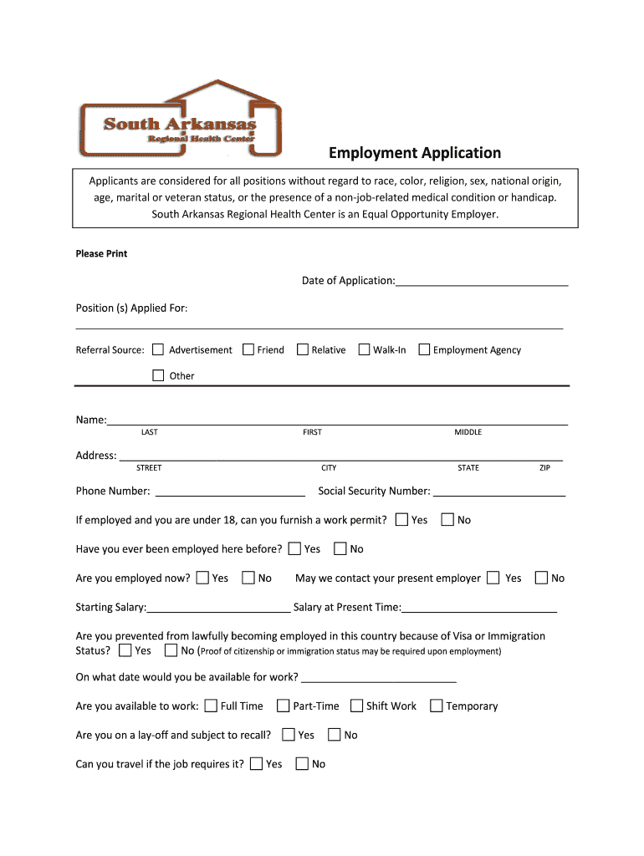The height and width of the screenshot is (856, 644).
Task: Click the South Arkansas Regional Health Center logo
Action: pos(179,121)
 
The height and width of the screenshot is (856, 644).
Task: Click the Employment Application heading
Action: pos(414,153)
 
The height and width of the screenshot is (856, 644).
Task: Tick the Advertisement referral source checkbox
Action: pos(158,349)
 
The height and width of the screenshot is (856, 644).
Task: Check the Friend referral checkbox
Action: pos(248,349)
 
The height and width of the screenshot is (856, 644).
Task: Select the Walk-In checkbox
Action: pos(364,349)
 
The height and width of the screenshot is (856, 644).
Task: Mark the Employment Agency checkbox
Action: pos(424,349)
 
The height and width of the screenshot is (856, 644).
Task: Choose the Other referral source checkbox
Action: pos(158,375)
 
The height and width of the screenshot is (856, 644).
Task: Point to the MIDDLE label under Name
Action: pos(468,432)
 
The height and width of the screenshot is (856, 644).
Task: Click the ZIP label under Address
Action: pos(544,468)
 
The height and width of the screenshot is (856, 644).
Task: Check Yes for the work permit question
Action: pos(401,520)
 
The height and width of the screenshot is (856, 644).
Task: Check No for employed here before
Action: pos(340,549)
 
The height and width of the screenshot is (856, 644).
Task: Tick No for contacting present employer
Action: pos(541,578)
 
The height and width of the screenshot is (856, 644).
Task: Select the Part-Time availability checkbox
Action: pos(284,706)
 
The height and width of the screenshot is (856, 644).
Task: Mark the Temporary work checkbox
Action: pos(436,706)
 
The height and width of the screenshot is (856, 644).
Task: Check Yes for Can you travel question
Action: pos(257,763)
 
